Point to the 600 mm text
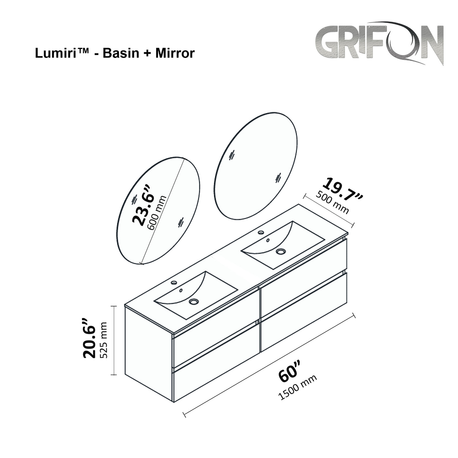[x=157, y=213]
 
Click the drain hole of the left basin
[x=194, y=301]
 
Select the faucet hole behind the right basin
[x=261, y=233]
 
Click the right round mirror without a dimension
[x=257, y=166]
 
